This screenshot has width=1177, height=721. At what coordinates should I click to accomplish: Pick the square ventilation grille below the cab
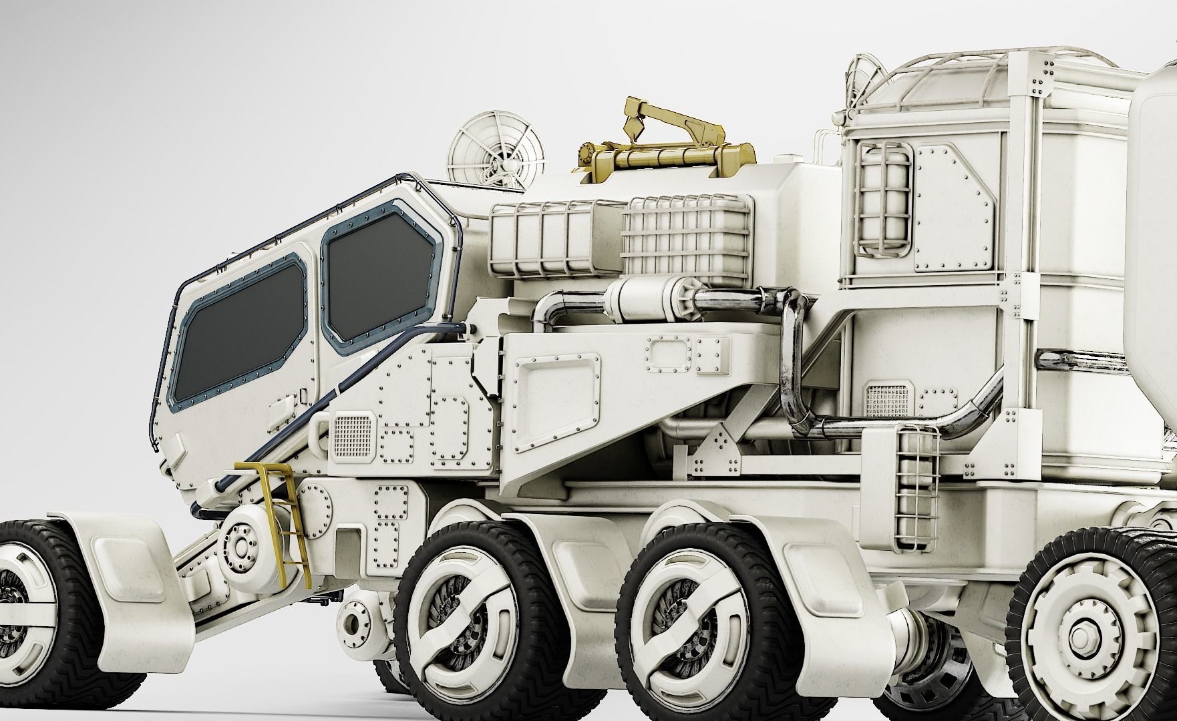coord(351,429)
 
